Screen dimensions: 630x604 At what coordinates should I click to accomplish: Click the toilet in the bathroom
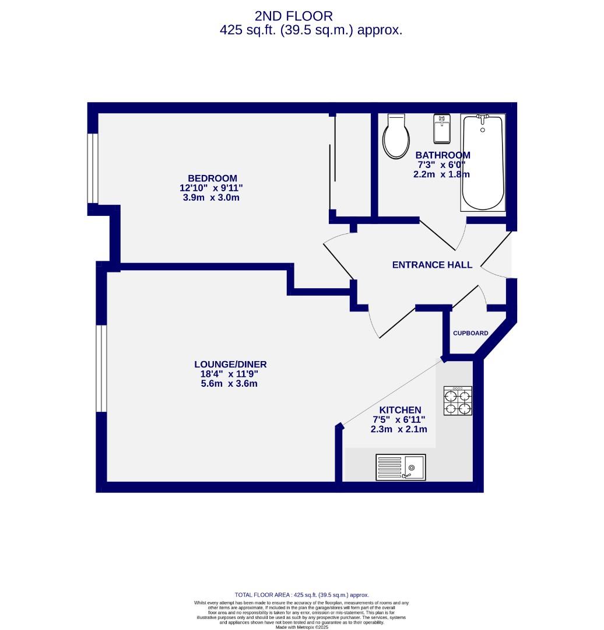pyautogui.click(x=396, y=137)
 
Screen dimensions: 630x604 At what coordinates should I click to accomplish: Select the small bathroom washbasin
pyautogui.click(x=442, y=128)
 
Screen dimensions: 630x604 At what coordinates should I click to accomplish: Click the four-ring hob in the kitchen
pyautogui.click(x=458, y=401)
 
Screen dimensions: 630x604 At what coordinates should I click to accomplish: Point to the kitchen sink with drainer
pyautogui.click(x=401, y=468)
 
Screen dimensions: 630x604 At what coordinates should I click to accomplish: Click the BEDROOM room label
pyautogui.click(x=212, y=178)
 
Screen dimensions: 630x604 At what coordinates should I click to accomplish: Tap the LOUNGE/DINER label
pyautogui.click(x=226, y=365)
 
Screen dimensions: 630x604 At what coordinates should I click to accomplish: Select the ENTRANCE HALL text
pyautogui.click(x=432, y=265)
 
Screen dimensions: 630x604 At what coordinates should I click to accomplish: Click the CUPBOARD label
pyautogui.click(x=470, y=333)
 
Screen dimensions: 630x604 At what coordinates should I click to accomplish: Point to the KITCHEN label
pyautogui.click(x=400, y=410)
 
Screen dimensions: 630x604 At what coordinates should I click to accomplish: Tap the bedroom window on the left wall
pyautogui.click(x=92, y=169)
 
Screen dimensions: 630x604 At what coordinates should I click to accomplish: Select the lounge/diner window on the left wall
pyautogui.click(x=101, y=367)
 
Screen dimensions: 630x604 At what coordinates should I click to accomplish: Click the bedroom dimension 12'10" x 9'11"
pyautogui.click(x=211, y=188)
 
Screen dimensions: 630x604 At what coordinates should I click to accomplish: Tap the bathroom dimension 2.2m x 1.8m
pyautogui.click(x=443, y=174)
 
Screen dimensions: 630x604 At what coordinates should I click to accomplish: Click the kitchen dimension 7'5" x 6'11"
pyautogui.click(x=399, y=419)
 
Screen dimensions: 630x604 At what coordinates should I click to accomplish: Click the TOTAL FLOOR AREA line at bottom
pyautogui.click(x=301, y=594)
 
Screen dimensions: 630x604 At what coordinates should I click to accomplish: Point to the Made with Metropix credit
pyautogui.click(x=301, y=627)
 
